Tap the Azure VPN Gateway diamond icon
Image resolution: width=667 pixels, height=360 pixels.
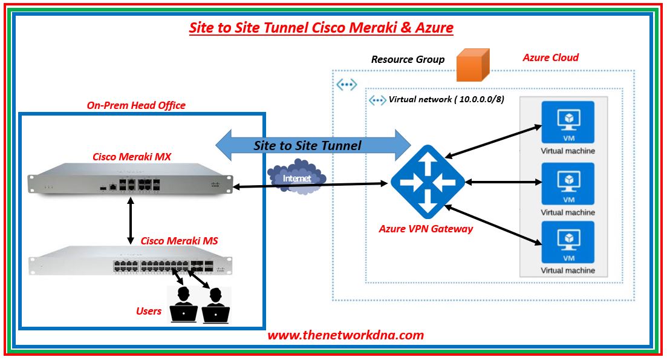(428, 182)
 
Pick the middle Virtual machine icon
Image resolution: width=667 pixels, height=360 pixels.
(568, 183)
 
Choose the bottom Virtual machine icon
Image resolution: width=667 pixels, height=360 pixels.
(568, 242)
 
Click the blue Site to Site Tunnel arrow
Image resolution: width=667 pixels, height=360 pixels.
(314, 145)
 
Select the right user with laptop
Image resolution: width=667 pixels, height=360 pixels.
(215, 306)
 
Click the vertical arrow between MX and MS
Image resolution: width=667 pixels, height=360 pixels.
(131, 222)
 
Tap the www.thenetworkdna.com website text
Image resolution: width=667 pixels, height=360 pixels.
(345, 335)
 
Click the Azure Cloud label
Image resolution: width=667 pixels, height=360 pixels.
(550, 58)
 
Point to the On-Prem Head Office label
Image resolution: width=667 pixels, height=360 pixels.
(136, 105)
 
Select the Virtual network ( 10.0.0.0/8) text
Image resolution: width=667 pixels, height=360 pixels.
(446, 99)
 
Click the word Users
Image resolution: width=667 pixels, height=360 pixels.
(149, 311)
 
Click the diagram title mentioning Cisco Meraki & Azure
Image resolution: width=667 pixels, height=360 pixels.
(321, 28)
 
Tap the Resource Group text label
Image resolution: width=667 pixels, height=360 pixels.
(408, 59)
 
